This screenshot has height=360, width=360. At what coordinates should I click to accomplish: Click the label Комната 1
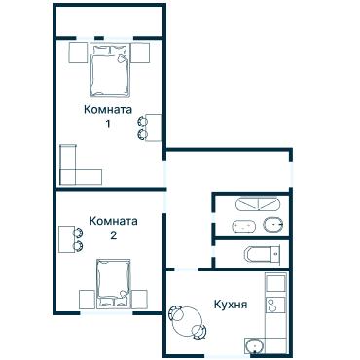pyautogui.click(x=108, y=117)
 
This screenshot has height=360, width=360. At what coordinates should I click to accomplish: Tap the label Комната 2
pyautogui.click(x=113, y=228)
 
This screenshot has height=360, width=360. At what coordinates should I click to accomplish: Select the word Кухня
pyautogui.click(x=231, y=305)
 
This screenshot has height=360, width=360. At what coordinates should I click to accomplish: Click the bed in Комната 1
pyautogui.click(x=110, y=70)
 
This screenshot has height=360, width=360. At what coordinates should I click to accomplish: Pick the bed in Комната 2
pyautogui.click(x=114, y=283)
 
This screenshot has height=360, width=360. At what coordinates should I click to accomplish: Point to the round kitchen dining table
pyautogui.click(x=189, y=321)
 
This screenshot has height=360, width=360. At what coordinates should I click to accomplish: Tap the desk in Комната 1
pyautogui.click(x=154, y=127)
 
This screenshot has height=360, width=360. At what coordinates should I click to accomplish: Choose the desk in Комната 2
pyautogui.click(x=66, y=239)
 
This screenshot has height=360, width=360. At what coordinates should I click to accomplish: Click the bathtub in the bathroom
pyautogui.click(x=258, y=204)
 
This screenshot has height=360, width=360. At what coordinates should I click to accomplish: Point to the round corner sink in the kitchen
pyautogui.click(x=254, y=346)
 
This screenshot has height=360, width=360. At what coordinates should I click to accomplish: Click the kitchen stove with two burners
pyautogui.click(x=275, y=306)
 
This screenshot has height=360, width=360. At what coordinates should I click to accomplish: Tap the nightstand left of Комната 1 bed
pyautogui.click(x=78, y=53)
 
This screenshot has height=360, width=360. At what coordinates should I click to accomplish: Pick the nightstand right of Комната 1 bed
pyautogui.click(x=140, y=53)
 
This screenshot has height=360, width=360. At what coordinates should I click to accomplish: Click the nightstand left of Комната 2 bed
pyautogui.click(x=87, y=300)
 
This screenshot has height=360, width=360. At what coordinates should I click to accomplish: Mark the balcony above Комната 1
pyautogui.click(x=110, y=21)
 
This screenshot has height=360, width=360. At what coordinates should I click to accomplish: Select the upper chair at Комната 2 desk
pyautogui.click(x=78, y=233)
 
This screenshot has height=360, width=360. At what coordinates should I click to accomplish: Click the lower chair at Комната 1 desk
pyautogui.click(x=142, y=134)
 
